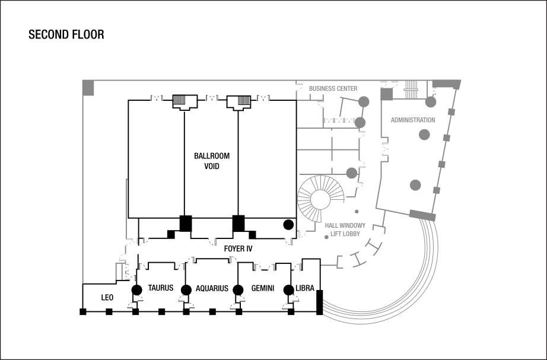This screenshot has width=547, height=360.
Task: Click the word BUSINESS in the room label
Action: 323,89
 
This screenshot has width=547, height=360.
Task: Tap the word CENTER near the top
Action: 347,89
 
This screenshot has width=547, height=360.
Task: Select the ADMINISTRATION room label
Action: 413,120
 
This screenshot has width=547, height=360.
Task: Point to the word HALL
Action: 331,227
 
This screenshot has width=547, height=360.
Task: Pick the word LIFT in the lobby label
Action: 336,234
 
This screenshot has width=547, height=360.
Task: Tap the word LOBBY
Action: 352,234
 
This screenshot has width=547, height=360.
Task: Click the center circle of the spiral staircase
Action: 321,199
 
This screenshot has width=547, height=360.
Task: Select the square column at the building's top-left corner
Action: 88,87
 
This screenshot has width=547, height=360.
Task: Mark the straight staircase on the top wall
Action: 412,89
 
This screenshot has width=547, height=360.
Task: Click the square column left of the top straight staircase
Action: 387,94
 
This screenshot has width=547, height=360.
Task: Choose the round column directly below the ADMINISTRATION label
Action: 424,135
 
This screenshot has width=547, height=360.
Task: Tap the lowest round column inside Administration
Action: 415,184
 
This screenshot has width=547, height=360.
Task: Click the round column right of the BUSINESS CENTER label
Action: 364,101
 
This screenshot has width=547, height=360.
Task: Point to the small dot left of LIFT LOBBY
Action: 326,237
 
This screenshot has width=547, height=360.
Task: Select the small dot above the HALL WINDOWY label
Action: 357,212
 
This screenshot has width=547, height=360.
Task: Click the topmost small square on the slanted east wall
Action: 451,112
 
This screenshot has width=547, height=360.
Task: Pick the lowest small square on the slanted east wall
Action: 436,190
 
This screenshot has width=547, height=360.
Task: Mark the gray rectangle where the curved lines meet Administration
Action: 423,215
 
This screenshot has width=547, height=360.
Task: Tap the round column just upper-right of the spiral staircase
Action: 352,173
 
